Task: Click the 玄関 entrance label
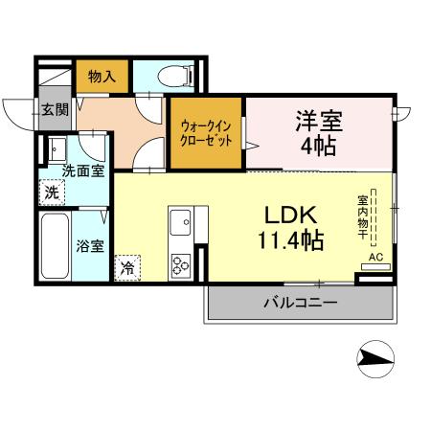click(55, 109)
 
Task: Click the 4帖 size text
click(318, 147)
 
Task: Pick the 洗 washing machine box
click(53, 192)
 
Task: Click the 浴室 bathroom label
click(90, 245)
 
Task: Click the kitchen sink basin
click(181, 225)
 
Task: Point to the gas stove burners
click(181, 264)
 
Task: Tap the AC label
click(375, 258)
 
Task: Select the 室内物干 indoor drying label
click(365, 219)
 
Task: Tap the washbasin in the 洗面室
click(56, 150)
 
